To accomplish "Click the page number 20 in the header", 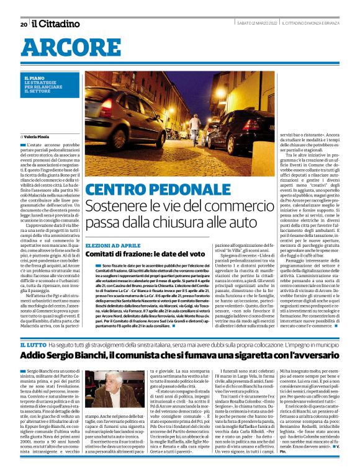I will click(23, 24).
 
